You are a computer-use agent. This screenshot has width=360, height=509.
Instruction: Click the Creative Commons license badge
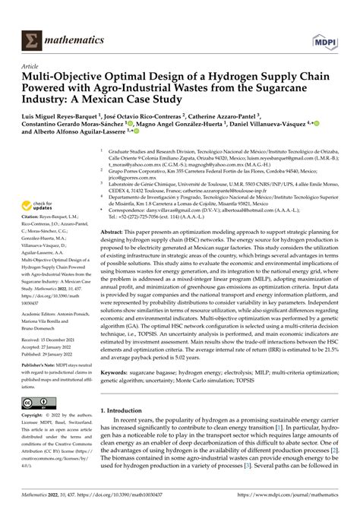pyautogui.click(x=39, y=403)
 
